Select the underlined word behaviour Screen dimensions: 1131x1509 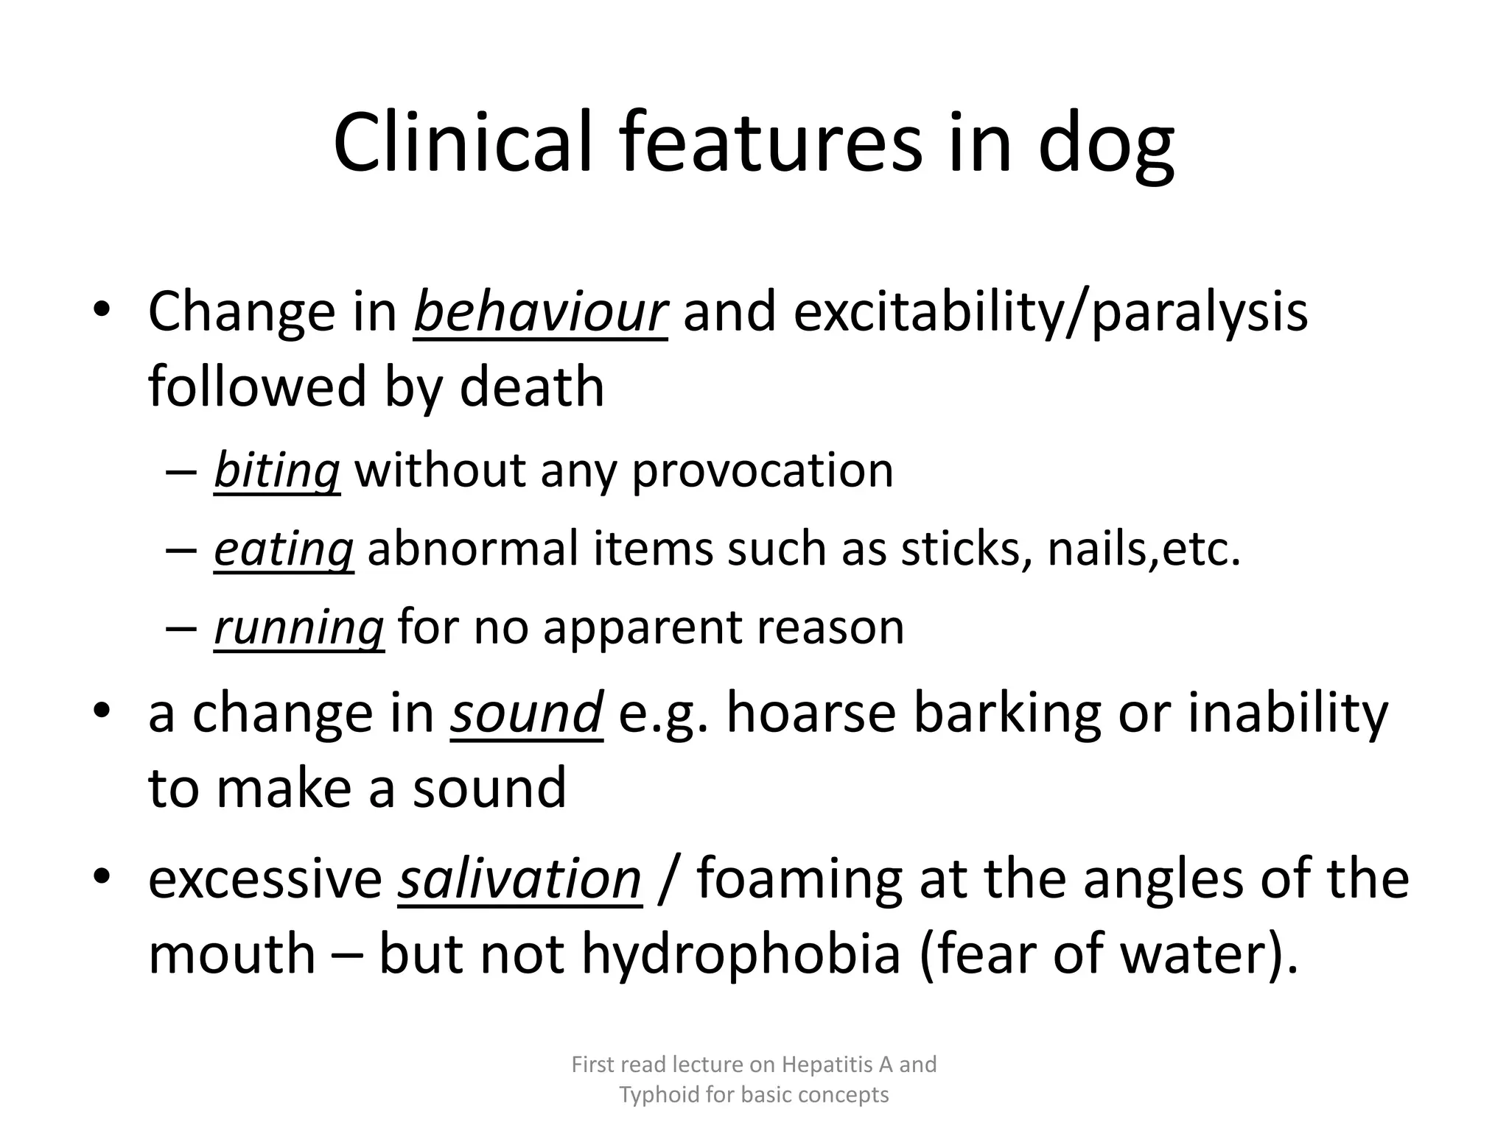point(541,312)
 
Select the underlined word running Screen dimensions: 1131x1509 point(299,627)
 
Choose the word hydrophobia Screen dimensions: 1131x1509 point(741,954)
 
